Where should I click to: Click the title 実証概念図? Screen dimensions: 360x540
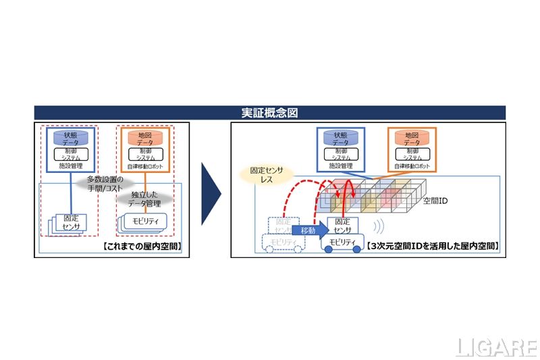point(270,112)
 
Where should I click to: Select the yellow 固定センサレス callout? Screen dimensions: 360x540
point(271,178)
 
